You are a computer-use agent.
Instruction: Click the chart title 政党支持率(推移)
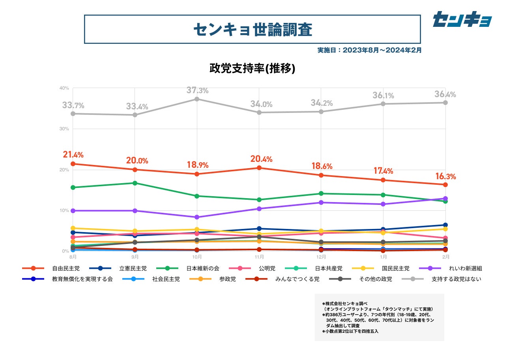[x=252, y=68]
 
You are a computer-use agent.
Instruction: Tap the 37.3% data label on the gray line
[x=197, y=90]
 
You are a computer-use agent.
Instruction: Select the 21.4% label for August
[x=73, y=155]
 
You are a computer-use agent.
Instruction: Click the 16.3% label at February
[x=445, y=176]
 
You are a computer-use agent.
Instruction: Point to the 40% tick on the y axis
[x=64, y=88]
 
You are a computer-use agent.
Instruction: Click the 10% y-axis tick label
[x=64, y=210]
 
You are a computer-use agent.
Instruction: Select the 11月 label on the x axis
[x=259, y=257]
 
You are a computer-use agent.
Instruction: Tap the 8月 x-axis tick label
[x=73, y=257]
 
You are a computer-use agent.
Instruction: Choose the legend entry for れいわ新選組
[x=465, y=268]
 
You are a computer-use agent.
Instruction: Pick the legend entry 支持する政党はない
[x=456, y=279]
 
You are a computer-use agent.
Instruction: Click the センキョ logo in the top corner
[x=462, y=19]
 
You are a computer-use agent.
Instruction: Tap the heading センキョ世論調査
[x=252, y=29]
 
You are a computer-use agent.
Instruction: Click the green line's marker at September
[x=135, y=183]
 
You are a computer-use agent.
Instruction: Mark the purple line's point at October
[x=197, y=217]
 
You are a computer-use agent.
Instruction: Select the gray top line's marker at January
[x=383, y=104]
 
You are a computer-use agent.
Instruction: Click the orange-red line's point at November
[x=259, y=168]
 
